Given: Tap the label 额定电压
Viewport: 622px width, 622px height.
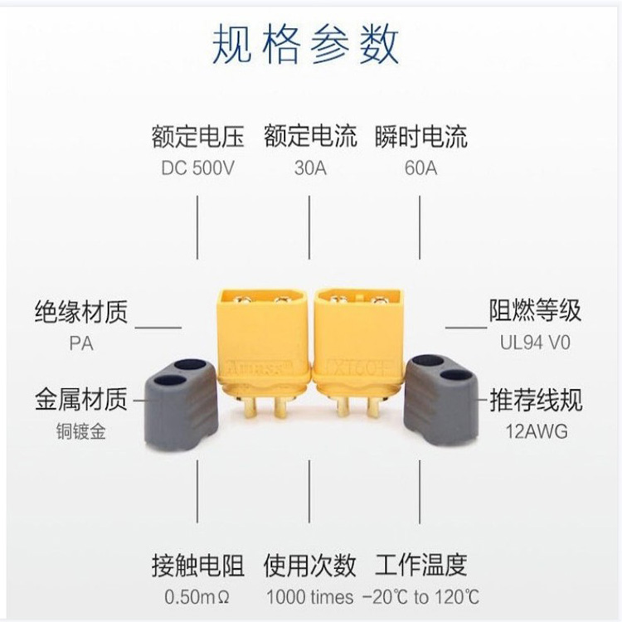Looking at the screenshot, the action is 193,135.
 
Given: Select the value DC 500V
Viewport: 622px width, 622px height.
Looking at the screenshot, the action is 198,168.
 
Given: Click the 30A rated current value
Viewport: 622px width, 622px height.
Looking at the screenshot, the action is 310,168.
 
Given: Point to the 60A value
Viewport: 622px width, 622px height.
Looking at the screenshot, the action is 420,168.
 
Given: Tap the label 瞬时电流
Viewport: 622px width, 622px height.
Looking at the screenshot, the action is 421,135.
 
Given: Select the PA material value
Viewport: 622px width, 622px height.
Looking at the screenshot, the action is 81,343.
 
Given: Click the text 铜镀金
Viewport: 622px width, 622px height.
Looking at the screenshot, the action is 81,433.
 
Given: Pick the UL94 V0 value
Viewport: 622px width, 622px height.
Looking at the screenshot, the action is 535,343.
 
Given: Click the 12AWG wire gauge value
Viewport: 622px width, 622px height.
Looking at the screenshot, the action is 535,433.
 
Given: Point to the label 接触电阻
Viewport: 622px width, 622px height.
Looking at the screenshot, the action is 198,566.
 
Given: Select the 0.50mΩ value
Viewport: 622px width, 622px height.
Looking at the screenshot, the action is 198,597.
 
